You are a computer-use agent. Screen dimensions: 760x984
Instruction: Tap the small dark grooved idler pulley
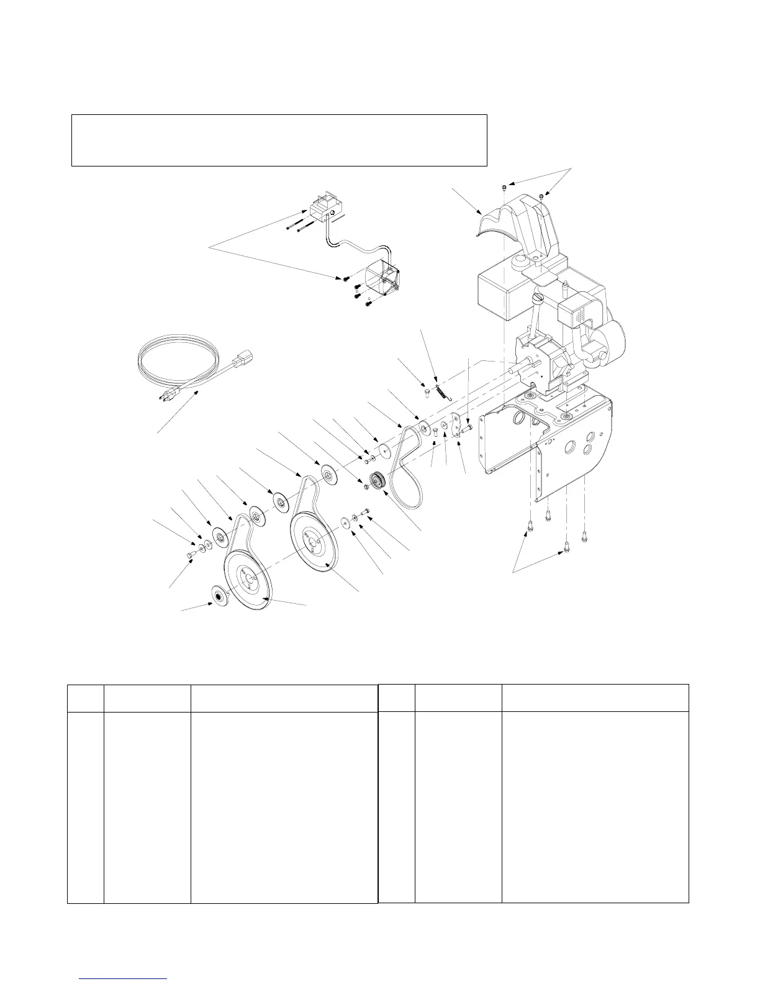pos(377,481)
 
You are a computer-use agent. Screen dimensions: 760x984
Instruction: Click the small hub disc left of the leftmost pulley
pos(219,594)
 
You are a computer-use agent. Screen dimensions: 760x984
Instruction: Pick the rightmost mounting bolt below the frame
pos(585,534)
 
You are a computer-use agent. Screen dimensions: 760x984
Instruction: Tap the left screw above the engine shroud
pos(505,186)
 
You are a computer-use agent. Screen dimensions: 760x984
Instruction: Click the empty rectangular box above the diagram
pos(279,140)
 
